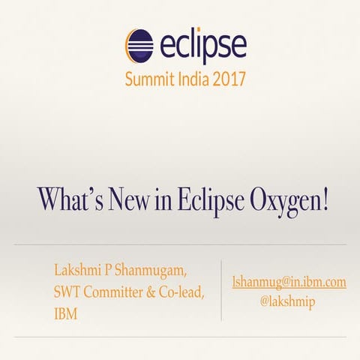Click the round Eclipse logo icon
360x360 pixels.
pos(139,46)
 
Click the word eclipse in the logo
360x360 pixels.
pos(201,46)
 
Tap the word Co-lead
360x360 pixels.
pos(181,292)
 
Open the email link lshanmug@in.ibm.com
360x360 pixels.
pos(289,282)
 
